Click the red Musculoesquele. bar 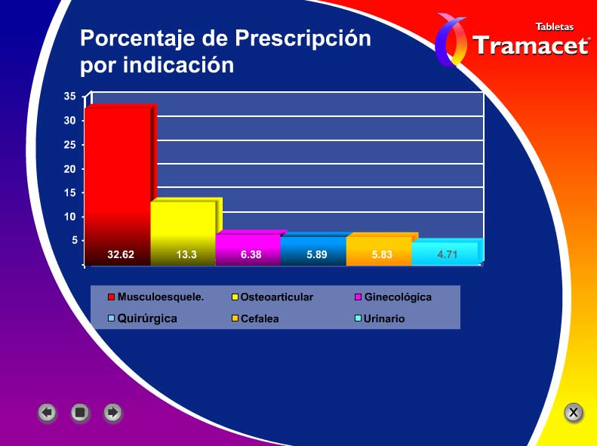pos(118,186)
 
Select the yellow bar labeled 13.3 pos(183,232)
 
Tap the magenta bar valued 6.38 pos(248,248)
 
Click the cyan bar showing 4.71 pos(445,252)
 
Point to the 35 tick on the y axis pos(69,97)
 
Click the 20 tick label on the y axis pos(69,169)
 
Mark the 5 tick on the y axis pos(74,241)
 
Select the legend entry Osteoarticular pos(272,297)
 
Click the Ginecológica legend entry pos(393,297)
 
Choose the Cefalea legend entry pos(255,318)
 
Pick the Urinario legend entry pos(380,318)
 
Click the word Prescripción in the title pos(303,38)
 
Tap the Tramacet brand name pos(531,46)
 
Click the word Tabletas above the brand pos(554,26)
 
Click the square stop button pos(80,413)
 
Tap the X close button pos(574,412)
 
